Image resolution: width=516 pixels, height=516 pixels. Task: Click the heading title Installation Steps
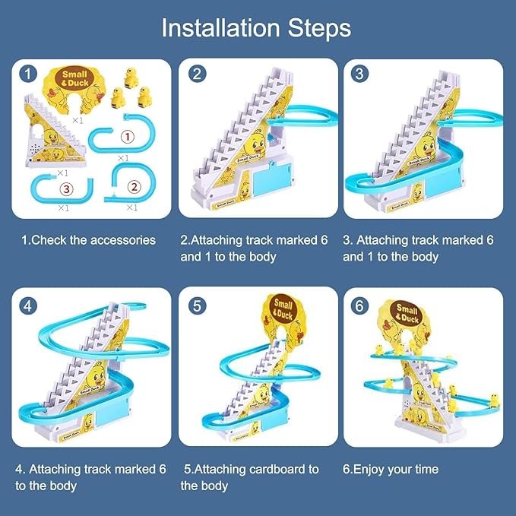tap(257, 28)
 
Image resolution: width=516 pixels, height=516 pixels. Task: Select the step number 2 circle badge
tap(197, 74)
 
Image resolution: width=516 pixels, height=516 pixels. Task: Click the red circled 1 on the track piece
tap(128, 138)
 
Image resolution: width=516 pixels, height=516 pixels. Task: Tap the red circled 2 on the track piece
tap(134, 185)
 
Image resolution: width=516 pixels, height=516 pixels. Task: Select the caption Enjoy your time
tap(390, 469)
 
